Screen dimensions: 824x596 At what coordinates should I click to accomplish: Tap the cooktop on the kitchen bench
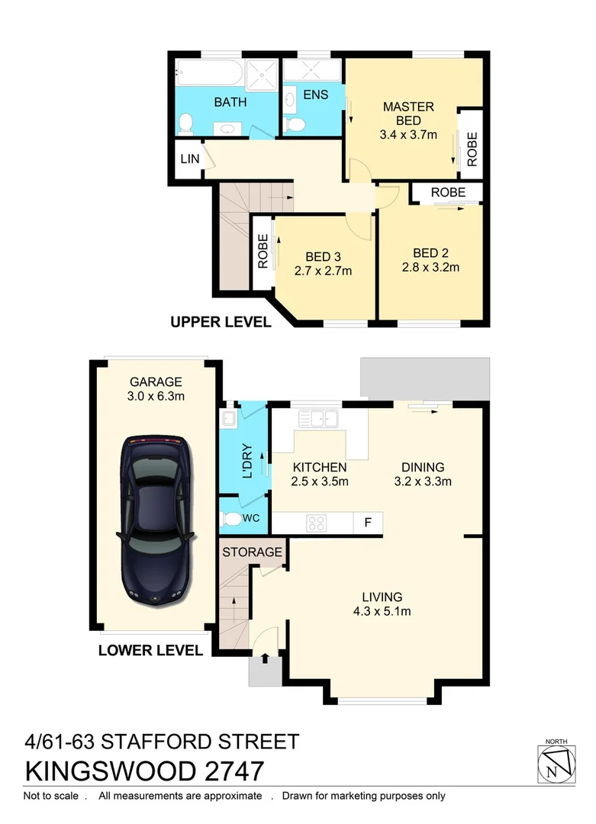click(x=317, y=523)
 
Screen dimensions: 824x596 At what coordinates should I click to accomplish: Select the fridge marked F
click(x=368, y=523)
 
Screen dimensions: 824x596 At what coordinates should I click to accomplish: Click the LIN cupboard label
click(x=188, y=159)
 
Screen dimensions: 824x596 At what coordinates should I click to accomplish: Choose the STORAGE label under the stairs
click(x=253, y=552)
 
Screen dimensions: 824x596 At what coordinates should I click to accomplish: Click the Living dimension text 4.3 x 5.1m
click(x=382, y=611)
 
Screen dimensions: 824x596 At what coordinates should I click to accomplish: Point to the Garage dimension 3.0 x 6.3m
click(x=156, y=396)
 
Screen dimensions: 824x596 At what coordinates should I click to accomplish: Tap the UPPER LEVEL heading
click(x=221, y=322)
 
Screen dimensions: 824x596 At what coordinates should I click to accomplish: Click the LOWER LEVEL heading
click(x=150, y=651)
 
